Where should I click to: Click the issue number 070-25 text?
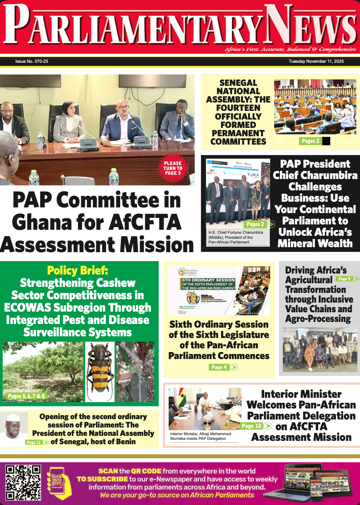pos(32,61)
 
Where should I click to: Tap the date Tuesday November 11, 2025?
pos(316,61)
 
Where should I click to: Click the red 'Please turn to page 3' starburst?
pos(173,168)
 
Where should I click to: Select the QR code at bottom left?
pos(23,482)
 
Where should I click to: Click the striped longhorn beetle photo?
pos(100,372)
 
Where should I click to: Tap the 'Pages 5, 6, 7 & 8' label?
pos(26,396)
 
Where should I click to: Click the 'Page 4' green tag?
pos(219,367)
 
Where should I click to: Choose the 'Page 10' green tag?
pos(251,426)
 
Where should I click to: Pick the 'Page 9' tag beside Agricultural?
pos(344,279)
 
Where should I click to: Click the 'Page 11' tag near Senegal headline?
pos(34,442)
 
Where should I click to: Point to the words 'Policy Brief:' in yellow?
pos(77,271)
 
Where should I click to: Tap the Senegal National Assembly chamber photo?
pos(315,107)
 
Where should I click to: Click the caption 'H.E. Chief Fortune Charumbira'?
pos(235,232)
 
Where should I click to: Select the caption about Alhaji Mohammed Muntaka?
pos(200,436)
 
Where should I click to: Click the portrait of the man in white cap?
pos(14,429)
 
